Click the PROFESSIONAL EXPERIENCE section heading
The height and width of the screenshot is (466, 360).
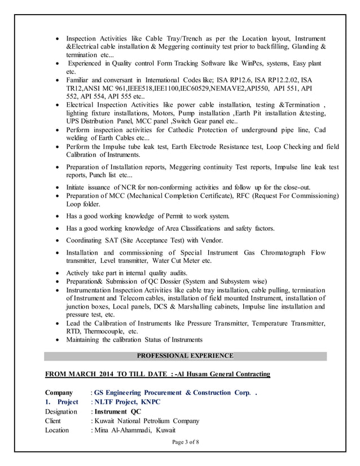185,356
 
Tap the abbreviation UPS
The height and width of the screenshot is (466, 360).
74,121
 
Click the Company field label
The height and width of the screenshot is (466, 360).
59,393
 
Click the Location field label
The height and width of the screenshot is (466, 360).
57,430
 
